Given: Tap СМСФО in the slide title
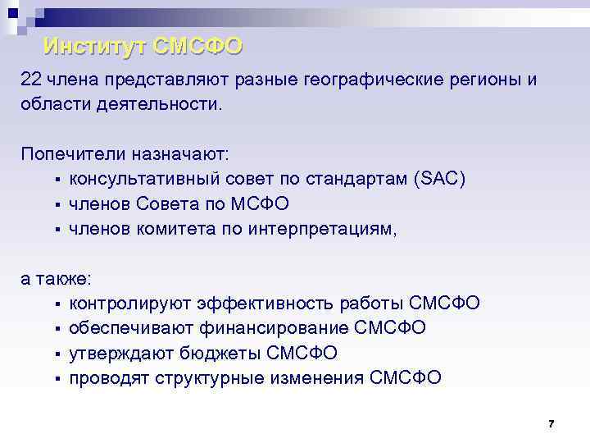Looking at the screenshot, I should pyautogui.click(x=197, y=46).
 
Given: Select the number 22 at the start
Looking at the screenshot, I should pyautogui.click(x=31, y=80).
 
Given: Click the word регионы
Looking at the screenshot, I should pyautogui.click(x=488, y=80).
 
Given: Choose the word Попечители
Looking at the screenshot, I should pyautogui.click(x=72, y=154).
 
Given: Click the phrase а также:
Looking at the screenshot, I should pyautogui.click(x=56, y=278).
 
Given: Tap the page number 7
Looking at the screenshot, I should pyautogui.click(x=551, y=424).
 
